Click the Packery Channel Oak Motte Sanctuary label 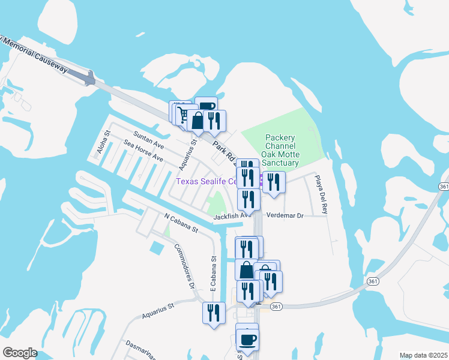282,151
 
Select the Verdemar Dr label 285,215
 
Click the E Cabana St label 214,275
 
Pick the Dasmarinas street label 142,351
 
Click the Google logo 20,353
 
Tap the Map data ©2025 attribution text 424,355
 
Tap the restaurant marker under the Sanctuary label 274,182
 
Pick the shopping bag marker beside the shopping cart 197,120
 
